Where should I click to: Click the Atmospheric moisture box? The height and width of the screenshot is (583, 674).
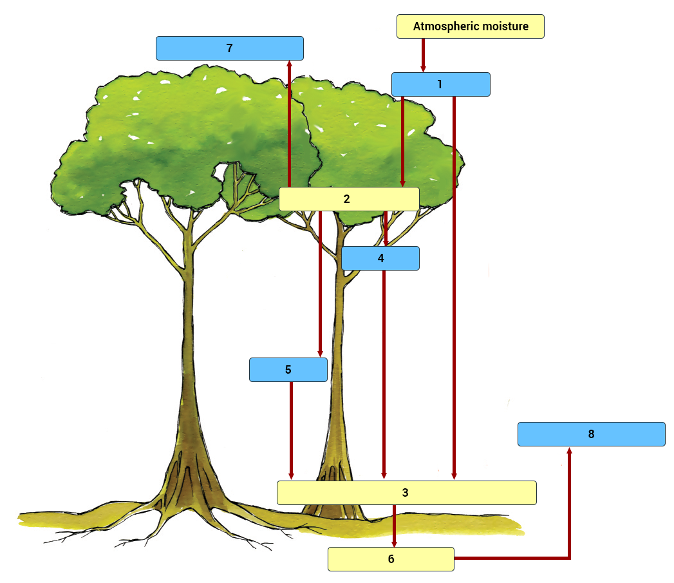coord(470,26)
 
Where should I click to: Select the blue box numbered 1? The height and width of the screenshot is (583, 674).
coord(440,84)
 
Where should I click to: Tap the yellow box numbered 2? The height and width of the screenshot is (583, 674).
coord(348,199)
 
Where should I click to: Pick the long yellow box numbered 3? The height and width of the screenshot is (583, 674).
coord(406,493)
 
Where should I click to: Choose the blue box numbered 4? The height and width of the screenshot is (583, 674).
coord(380,258)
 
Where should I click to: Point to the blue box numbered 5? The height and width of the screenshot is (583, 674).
coord(288,370)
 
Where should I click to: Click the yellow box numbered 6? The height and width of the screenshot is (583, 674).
coord(391,559)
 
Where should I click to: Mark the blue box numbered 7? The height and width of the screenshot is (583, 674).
coord(229,48)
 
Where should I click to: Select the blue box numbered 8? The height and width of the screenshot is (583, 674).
coord(591,434)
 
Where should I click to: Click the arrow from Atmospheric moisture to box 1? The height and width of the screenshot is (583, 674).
coord(423,55)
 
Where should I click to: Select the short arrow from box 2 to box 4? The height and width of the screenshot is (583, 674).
coord(386,229)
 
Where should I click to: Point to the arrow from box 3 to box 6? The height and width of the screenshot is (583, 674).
coord(394,525)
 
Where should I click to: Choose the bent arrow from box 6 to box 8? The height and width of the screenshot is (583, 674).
coord(569,515)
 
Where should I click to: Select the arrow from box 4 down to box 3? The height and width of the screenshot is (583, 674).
coord(384,374)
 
